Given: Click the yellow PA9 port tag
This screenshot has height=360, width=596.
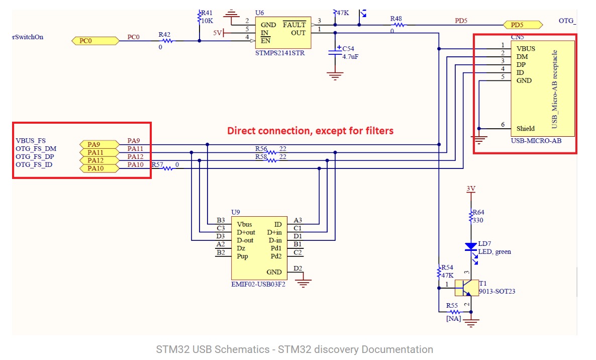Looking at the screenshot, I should (x=99, y=144).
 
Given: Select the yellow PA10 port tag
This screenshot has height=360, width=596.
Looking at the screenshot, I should (x=99, y=168).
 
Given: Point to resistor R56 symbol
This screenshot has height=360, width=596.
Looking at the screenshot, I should (x=271, y=152).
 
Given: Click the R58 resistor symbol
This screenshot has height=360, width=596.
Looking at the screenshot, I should (x=271, y=160).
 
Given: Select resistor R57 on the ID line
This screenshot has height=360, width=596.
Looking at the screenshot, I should (x=167, y=168).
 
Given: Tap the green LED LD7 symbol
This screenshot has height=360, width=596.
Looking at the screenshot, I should (x=471, y=247).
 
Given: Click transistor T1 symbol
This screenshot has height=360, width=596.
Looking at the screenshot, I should (x=466, y=288).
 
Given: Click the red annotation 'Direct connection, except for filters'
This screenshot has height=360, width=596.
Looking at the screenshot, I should (x=310, y=131).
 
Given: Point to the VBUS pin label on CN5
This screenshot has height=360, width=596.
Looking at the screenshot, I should (x=526, y=49).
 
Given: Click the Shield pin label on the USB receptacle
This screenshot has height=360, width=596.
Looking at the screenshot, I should (x=526, y=128).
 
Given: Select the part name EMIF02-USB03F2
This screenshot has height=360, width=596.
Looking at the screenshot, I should (x=258, y=285).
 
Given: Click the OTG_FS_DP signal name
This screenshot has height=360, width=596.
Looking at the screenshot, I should (x=36, y=156).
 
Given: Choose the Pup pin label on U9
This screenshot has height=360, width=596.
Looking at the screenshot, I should (x=242, y=256).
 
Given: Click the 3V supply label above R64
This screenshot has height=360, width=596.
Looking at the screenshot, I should (x=471, y=189).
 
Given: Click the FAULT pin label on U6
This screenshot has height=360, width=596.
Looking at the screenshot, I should (x=294, y=25).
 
